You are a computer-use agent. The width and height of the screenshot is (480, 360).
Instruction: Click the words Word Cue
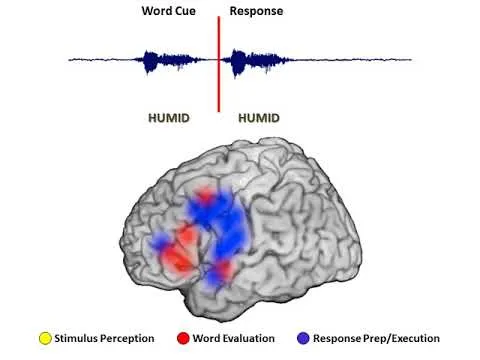coord(169,11)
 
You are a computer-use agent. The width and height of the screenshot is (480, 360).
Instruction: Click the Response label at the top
coord(256,11)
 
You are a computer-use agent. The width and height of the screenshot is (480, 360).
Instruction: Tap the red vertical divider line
coord(219,64)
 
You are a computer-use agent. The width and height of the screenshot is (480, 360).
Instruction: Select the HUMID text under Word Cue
coord(169,118)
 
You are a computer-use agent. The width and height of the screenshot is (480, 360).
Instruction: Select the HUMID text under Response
coord(259,118)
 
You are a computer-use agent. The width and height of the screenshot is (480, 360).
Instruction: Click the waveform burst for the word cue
coord(167,61)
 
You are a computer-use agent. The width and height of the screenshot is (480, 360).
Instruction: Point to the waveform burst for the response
coord(257,62)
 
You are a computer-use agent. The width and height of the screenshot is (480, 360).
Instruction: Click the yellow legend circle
coord(45,338)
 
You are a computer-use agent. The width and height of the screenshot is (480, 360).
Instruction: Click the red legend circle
coord(183,338)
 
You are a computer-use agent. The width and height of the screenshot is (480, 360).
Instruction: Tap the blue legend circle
coord(303,338)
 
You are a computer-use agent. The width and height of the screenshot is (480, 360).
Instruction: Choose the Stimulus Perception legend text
coord(104,338)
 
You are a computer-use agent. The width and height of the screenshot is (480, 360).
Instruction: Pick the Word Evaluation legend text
coord(234,338)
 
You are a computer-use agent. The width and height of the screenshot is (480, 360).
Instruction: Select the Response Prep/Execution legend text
coord(376,338)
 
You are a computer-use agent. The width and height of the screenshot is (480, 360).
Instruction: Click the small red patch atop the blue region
coord(205,195)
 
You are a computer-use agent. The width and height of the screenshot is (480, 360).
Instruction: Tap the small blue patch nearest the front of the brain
coord(159,241)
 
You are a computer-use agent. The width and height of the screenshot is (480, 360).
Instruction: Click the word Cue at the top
coord(186,11)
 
